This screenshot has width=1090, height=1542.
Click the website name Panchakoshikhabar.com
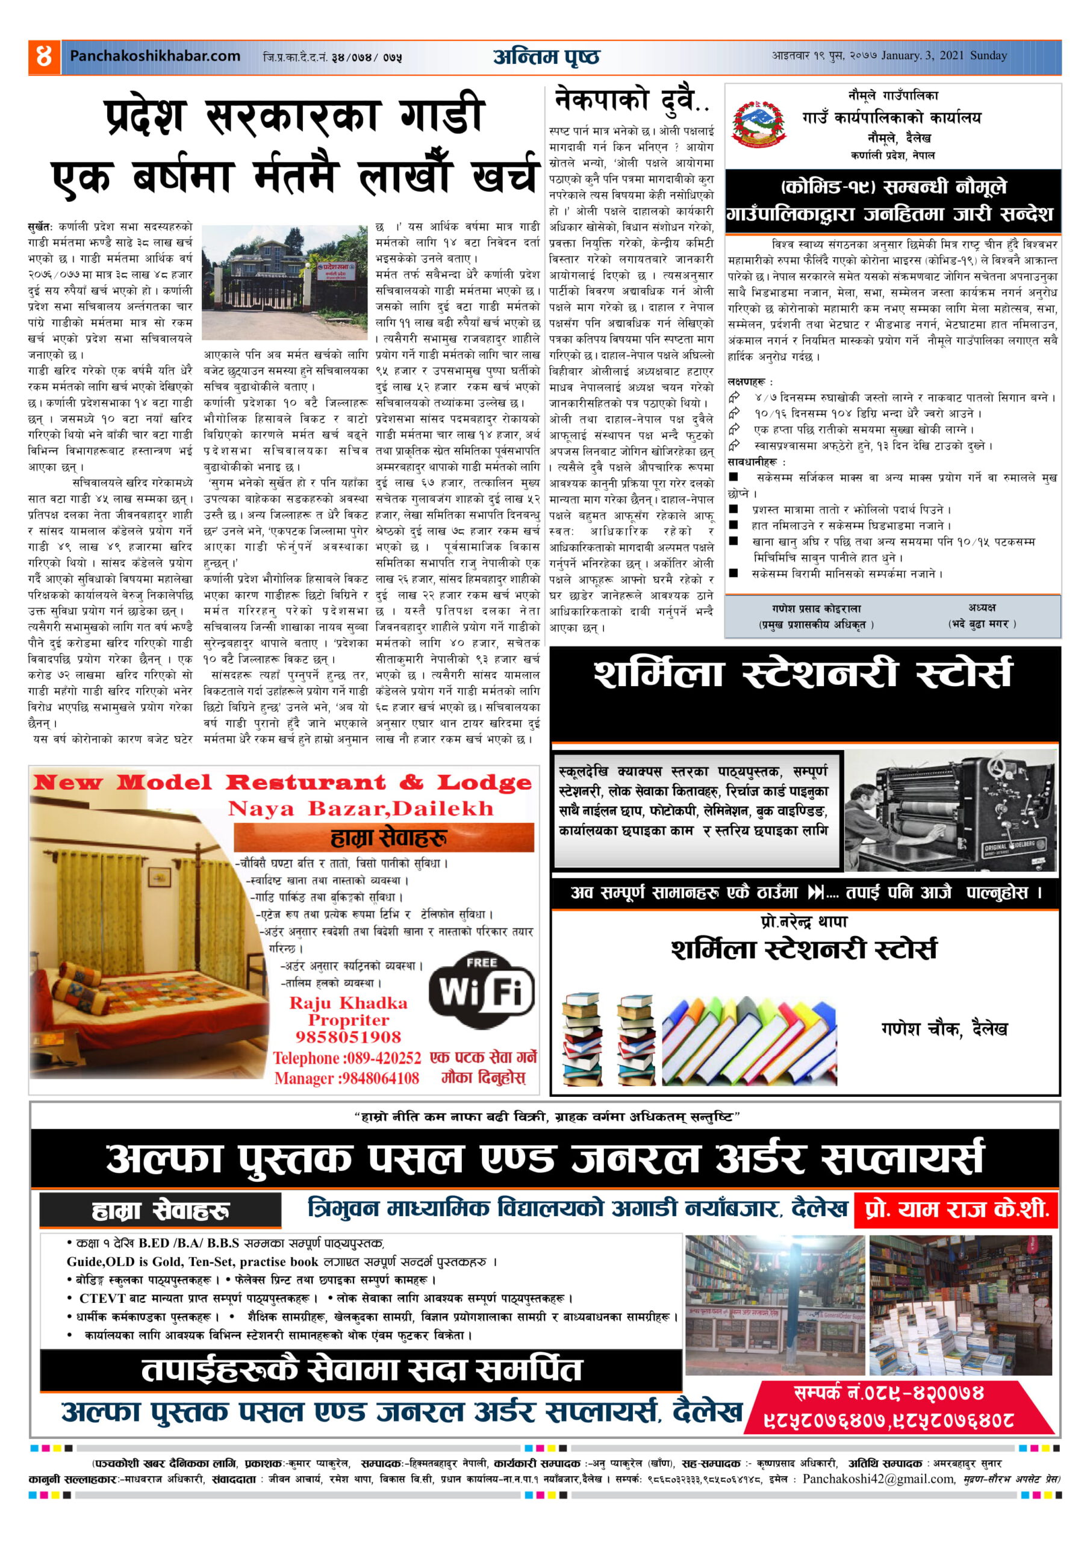(155, 57)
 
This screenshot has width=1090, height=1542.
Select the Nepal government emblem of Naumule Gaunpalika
(758, 125)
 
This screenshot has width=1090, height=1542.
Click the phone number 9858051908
(348, 1037)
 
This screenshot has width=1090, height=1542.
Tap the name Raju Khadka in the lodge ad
(348, 1004)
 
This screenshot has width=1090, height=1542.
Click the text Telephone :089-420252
(346, 1058)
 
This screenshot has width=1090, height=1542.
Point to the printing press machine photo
(950, 811)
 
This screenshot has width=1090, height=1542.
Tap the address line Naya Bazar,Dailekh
(361, 808)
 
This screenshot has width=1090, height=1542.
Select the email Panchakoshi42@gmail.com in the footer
(878, 1479)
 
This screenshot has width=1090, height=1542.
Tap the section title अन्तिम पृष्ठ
(546, 57)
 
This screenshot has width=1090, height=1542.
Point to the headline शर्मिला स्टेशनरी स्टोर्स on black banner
(803, 674)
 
